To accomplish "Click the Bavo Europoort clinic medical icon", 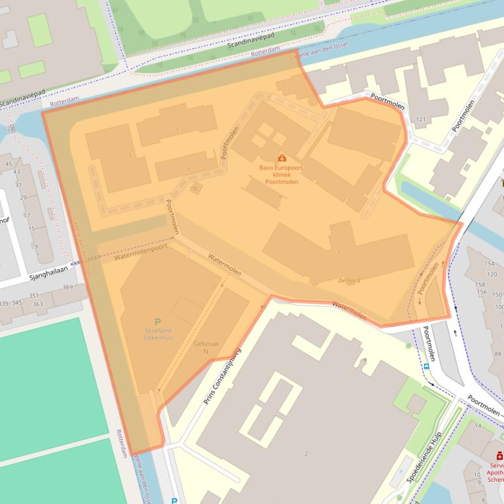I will click(282, 158).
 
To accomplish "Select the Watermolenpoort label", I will click(140, 253).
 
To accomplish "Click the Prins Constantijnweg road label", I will click(223, 376).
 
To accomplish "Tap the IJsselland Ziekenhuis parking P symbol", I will click(157, 321).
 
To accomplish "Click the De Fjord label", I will click(350, 280).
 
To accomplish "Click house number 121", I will click(420, 120).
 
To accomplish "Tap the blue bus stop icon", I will click(427, 367).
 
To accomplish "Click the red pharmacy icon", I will click(499, 456).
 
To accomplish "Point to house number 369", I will click(68, 287).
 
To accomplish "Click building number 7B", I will click(193, 189).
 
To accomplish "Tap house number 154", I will click(490, 263).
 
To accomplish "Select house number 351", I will click(34, 295).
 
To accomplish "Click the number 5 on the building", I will click(177, 130).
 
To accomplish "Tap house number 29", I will click(22, 197).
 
